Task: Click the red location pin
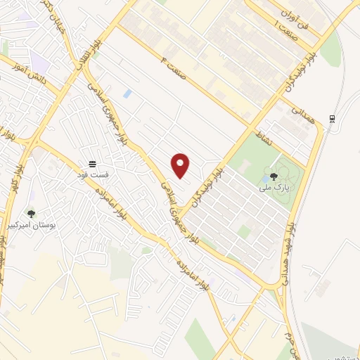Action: pyautogui.click(x=181, y=165)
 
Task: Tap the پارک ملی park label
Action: pyautogui.click(x=274, y=188)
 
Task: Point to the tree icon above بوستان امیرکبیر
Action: pyautogui.click(x=31, y=213)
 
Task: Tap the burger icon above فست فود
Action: pyautogui.click(x=92, y=162)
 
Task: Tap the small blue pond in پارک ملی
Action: pyautogui.click(x=264, y=178)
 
